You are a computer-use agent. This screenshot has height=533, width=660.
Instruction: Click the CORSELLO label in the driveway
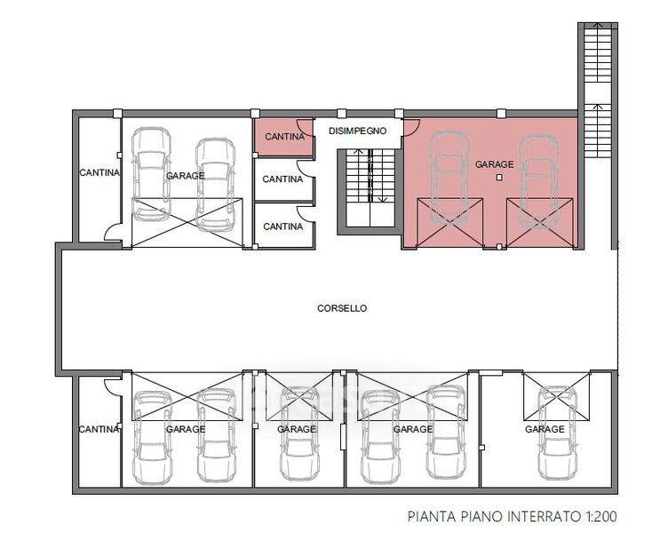342,308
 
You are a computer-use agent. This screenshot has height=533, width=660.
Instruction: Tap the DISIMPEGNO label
357,131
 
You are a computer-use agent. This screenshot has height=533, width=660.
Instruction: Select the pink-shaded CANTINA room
283,137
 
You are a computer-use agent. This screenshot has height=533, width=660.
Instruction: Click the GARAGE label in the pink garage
494,163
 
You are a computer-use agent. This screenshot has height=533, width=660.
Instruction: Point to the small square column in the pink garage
499,178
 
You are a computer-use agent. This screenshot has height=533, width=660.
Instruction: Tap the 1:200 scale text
601,516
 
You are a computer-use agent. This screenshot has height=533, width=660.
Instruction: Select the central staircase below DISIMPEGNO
370,187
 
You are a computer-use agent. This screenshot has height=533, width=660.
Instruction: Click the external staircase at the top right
597,90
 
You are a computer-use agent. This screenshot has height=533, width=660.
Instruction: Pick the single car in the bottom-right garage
557,434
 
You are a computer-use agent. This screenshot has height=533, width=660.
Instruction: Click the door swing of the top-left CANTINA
113,232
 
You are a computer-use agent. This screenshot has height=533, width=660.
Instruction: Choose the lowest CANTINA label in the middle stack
282,227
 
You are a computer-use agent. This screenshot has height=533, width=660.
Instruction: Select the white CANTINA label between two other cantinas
282,179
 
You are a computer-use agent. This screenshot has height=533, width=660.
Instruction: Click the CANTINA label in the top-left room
99,172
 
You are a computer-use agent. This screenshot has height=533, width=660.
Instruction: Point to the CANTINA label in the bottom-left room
99,429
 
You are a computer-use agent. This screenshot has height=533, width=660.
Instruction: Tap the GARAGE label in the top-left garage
185,176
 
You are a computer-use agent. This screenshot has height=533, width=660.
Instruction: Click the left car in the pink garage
449,179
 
